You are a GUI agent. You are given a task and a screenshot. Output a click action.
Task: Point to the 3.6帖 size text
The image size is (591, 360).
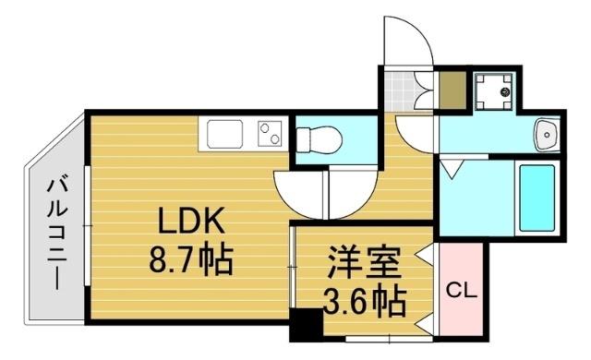coord(363,299)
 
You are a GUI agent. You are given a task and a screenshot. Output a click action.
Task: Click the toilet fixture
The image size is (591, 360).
coord(319,139)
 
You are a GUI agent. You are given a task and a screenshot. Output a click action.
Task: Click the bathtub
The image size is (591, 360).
coord(536,198)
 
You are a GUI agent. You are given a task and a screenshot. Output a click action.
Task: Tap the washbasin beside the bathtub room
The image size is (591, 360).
coord(548,135)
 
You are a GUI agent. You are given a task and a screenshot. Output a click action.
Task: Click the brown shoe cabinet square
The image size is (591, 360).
coord(452,90)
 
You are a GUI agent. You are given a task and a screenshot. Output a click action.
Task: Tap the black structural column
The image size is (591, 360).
coord(303,325)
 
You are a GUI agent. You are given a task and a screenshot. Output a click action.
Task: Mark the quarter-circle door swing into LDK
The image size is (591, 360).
coord(300,192)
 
